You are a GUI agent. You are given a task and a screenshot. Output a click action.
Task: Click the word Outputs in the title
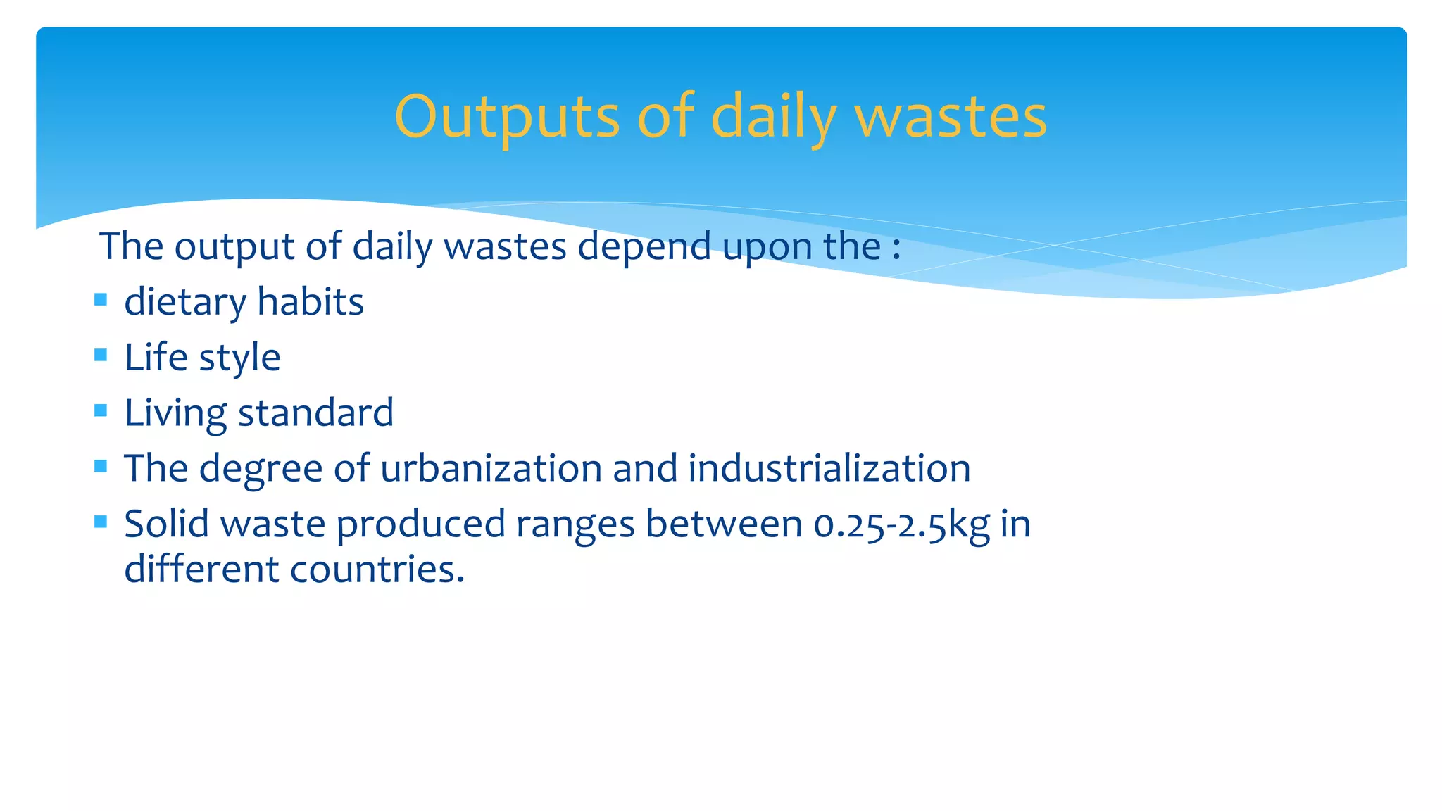click(507, 117)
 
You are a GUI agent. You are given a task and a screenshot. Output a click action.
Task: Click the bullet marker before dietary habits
click(101, 300)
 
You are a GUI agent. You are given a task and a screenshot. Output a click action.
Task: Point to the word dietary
click(184, 303)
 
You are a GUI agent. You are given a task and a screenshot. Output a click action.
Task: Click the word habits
click(311, 301)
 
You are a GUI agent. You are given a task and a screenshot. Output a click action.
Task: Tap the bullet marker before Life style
click(101, 355)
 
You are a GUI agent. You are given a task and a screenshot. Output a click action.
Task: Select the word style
click(239, 358)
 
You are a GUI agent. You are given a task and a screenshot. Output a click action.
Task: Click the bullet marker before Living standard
click(101, 410)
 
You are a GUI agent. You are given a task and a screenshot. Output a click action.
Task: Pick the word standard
click(315, 413)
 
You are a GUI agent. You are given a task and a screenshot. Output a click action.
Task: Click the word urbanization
click(491, 468)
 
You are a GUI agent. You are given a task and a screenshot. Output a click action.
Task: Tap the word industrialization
click(829, 468)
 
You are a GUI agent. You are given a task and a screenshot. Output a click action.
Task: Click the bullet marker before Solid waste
click(101, 522)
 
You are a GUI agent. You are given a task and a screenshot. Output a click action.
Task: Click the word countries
click(377, 569)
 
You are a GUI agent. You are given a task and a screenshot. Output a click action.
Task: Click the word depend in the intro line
click(644, 247)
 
